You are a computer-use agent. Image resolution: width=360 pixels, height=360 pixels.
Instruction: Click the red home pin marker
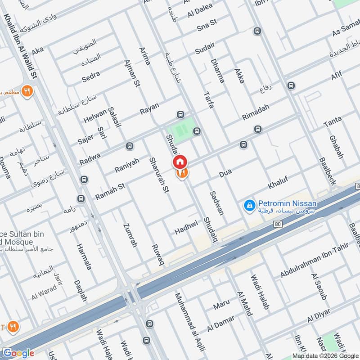click(180, 162)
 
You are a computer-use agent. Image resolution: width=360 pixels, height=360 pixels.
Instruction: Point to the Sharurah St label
click(161, 175)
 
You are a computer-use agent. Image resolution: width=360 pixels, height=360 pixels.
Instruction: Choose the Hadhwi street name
click(186, 228)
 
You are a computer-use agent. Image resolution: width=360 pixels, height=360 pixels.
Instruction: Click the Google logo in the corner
click(18, 353)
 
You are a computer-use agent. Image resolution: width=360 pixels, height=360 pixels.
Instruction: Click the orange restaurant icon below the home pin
click(182, 173)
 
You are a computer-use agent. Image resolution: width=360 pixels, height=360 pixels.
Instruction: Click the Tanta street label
click(333, 121)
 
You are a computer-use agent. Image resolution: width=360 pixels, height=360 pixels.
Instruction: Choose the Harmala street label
click(84, 257)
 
